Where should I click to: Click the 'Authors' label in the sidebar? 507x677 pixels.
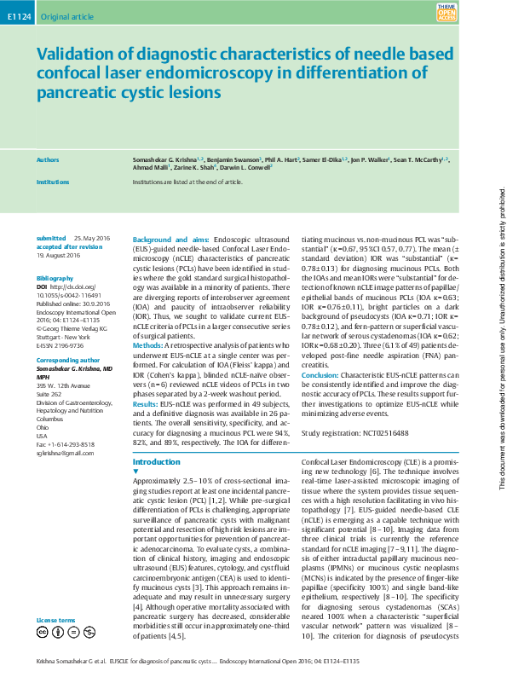point(48,159)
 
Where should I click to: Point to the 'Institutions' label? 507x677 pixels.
point(54,182)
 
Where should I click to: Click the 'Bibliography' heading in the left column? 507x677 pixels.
point(55,279)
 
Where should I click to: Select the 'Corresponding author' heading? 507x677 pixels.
point(68,361)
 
